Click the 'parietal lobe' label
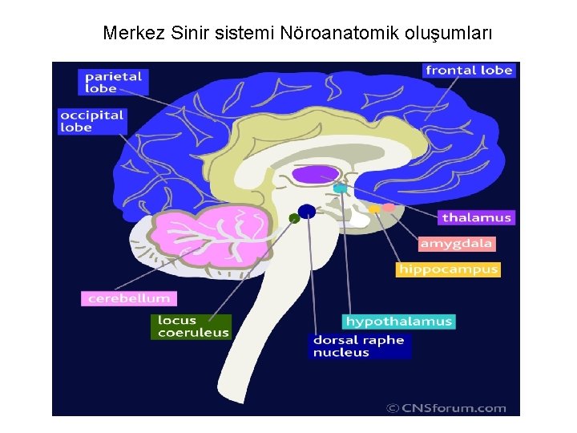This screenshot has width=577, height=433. click(x=113, y=83)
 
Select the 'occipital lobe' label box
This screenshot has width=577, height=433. click(x=92, y=121)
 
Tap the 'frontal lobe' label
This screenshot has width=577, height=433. click(x=469, y=71)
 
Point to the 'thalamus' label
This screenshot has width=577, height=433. click(x=476, y=217)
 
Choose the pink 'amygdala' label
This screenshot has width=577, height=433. click(x=457, y=243)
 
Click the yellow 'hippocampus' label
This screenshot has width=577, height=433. click(x=448, y=269)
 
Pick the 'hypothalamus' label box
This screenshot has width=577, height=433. click(x=399, y=322)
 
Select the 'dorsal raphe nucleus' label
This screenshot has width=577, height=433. click(x=359, y=346)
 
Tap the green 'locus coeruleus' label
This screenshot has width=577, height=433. click(x=192, y=326)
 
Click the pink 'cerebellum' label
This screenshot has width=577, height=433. click(x=127, y=298)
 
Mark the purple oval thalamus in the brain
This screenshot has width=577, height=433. click(x=316, y=174)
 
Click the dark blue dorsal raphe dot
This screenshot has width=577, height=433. click(x=306, y=212)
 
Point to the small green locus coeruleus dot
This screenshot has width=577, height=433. click(x=294, y=218)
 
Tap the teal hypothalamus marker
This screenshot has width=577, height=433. click(x=341, y=188)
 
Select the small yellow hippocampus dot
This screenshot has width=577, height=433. click(x=374, y=208)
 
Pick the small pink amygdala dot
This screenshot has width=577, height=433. click(x=389, y=208)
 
